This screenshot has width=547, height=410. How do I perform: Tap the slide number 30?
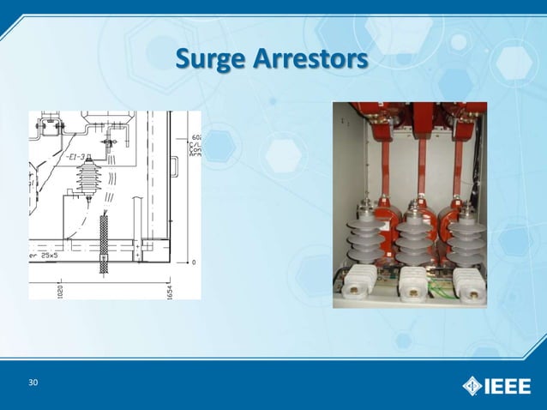[33, 382]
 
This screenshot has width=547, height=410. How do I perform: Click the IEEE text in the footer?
[509, 384]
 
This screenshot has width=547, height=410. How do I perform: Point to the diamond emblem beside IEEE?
[472, 384]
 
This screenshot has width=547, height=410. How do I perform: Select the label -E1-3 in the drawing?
[75, 158]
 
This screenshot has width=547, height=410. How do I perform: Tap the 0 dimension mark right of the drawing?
[194, 262]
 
